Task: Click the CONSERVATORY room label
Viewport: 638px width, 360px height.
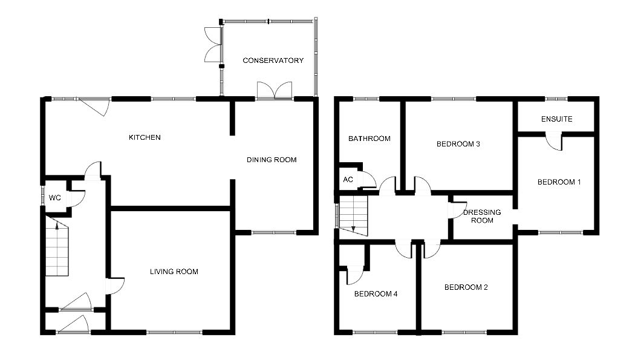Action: tap(273, 61)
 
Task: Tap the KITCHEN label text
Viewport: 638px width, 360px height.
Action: tap(145, 137)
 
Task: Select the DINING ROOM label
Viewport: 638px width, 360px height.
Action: tap(272, 160)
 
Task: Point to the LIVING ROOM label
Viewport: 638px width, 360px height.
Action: tap(174, 272)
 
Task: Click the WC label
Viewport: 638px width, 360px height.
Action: tap(54, 198)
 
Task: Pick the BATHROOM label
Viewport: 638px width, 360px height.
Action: tap(369, 139)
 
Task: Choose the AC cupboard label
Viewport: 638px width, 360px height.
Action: tap(348, 180)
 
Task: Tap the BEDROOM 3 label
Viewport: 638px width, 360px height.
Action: tap(458, 144)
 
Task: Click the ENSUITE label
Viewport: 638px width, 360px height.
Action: tap(556, 119)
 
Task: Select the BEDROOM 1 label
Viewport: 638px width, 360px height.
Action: tap(559, 182)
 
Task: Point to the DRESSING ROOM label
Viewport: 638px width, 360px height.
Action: tap(482, 216)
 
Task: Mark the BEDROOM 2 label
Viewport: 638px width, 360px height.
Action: tap(466, 287)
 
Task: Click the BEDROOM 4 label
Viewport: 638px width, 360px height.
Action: tap(376, 294)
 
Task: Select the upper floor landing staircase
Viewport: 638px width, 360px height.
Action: tap(353, 214)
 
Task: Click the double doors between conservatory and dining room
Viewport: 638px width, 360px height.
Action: tap(274, 91)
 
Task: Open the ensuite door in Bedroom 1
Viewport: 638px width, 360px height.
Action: tap(554, 141)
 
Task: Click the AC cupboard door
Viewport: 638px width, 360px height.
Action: tap(367, 180)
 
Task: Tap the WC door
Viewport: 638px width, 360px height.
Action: tap(78, 198)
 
